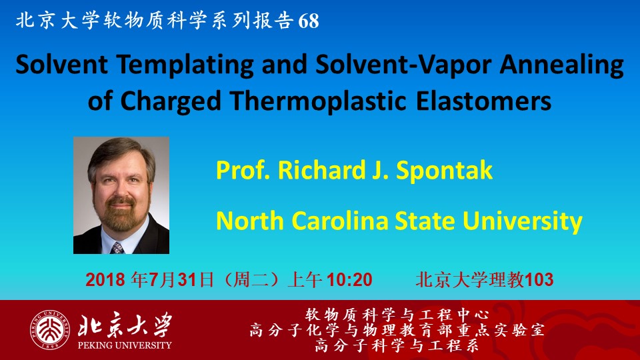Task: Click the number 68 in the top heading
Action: (x=308, y=21)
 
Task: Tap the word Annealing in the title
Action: (x=561, y=65)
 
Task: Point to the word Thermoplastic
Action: (x=319, y=101)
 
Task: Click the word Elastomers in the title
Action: (x=484, y=101)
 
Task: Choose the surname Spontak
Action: (x=444, y=171)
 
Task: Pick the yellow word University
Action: (x=522, y=221)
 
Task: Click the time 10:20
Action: (x=349, y=280)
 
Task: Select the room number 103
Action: (x=539, y=280)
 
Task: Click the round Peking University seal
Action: (x=49, y=330)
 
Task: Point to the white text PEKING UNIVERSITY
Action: (x=125, y=345)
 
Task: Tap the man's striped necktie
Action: (x=117, y=248)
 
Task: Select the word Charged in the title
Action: (x=171, y=101)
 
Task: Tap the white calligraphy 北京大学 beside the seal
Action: (x=125, y=325)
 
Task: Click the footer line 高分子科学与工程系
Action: (x=397, y=346)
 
